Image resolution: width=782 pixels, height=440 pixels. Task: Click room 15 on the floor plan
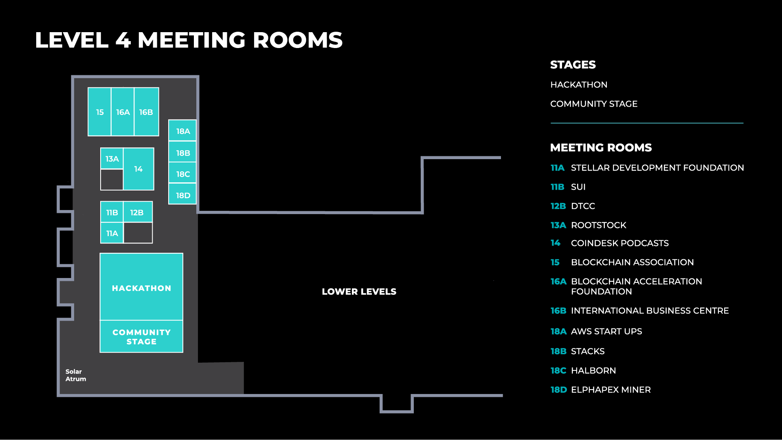100,112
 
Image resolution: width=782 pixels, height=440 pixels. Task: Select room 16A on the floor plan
123,112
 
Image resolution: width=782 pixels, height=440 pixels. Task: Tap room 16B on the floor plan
146,112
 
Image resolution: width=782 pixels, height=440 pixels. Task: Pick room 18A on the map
183,131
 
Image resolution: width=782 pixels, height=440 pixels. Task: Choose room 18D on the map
183,195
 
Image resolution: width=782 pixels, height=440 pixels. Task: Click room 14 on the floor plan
138,169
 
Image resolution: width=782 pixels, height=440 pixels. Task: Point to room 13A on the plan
112,159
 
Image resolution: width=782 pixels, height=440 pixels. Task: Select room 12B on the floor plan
137,212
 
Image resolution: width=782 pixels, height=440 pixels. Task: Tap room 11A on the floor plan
112,233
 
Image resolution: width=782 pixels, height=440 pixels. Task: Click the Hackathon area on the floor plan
141,288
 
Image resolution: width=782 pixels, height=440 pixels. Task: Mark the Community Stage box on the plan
141,337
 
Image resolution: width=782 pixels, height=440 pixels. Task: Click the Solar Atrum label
76,375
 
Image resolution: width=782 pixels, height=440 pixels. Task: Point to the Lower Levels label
359,291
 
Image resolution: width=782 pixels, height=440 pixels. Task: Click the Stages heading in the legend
573,65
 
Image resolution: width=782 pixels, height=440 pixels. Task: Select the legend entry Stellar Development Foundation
657,168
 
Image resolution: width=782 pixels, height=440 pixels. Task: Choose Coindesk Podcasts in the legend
619,243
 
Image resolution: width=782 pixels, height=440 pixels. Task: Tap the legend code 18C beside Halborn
558,370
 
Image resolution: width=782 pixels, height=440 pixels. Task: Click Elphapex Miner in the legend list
611,390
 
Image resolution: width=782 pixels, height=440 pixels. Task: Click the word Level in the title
72,40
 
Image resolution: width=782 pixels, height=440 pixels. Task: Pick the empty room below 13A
112,180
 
